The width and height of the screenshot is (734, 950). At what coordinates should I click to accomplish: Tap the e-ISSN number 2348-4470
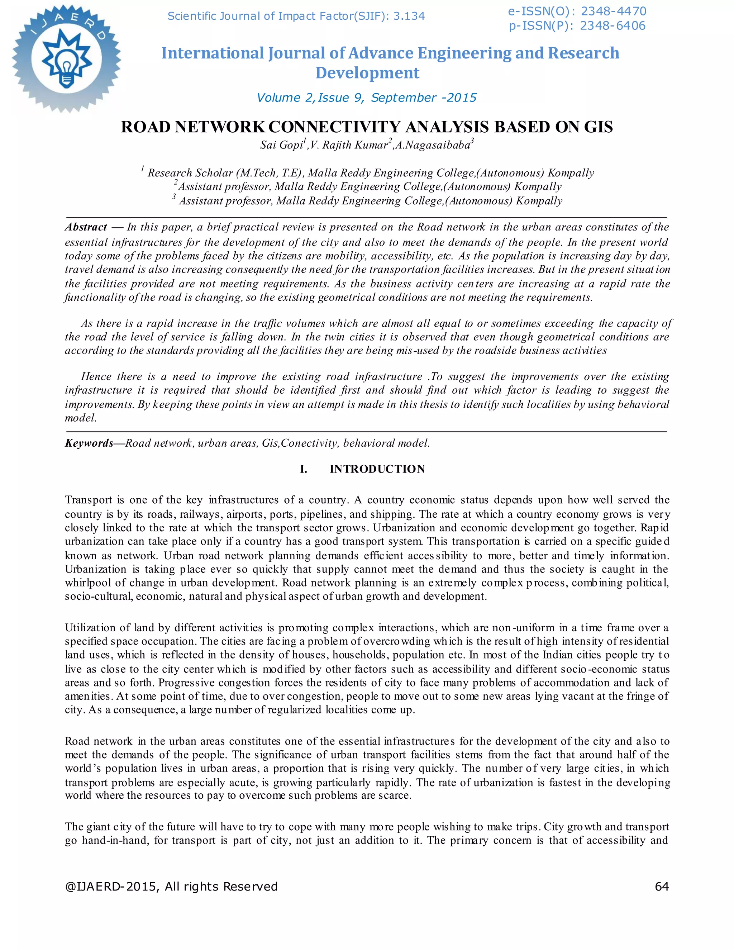point(613,11)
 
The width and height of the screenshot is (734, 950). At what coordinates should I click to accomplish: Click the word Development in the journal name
point(367,73)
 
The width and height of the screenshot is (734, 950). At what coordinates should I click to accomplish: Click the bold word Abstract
point(86,227)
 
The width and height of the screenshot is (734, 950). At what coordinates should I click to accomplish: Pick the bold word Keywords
point(89,443)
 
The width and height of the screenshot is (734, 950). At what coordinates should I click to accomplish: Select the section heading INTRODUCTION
point(377,469)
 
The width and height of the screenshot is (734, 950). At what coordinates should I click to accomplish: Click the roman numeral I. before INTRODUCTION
point(304,469)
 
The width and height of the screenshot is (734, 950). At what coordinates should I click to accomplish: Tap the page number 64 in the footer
point(661,887)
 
